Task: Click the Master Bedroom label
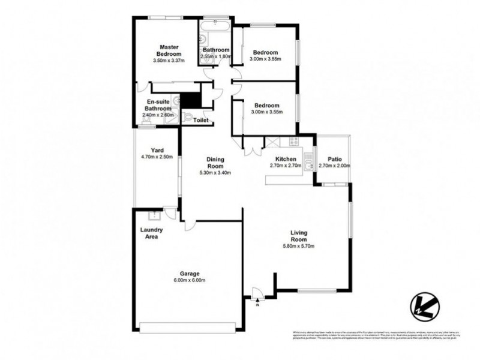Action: [x=169, y=50]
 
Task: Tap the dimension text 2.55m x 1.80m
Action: [x=215, y=56]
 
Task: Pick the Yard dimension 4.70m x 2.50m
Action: [x=158, y=157]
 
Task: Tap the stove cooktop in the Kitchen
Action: [x=294, y=142]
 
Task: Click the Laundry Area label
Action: [x=152, y=234]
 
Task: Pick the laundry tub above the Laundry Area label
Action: [x=152, y=217]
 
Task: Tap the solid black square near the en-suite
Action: [x=191, y=99]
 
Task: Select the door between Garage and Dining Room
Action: [x=190, y=224]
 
